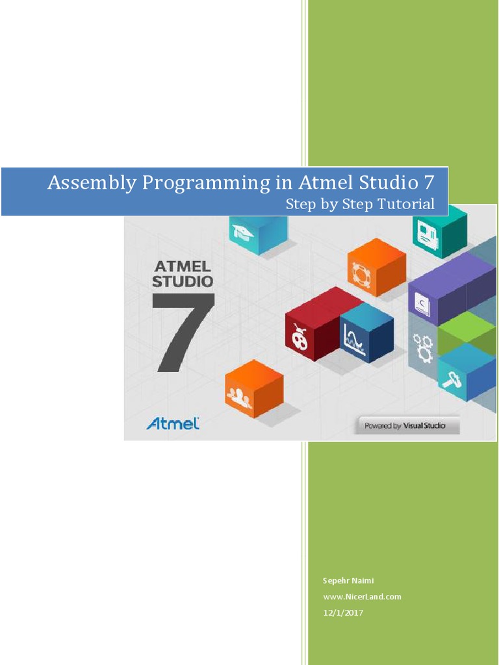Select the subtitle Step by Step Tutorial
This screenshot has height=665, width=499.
pos(360,204)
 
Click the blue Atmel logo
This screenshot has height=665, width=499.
pos(172,423)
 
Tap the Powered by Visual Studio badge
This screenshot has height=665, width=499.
pos(408,426)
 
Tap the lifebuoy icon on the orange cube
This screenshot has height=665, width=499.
pos(359,273)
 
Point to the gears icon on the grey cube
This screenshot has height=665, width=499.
pos(424,347)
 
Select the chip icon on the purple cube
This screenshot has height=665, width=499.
pos(421,305)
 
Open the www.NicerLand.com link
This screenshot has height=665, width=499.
pos(362,596)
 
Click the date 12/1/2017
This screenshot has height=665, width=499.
pos(342,613)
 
